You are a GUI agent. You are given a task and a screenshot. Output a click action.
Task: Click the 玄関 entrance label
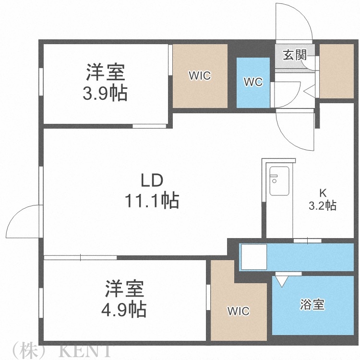click(294, 54)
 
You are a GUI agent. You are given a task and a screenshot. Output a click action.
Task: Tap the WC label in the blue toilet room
click(253, 82)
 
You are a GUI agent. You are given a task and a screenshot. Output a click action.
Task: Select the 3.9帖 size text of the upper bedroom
click(105, 92)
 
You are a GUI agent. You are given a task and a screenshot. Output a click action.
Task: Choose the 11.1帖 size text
click(152, 200)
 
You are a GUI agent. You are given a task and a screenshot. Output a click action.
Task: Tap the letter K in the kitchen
click(323, 193)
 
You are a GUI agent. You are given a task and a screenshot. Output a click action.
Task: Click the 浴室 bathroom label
click(312, 305)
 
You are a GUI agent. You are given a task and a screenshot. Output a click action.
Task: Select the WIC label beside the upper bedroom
click(200, 75)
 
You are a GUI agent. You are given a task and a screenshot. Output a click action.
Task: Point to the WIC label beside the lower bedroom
click(239, 311)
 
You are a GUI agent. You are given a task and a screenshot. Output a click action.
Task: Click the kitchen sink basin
click(279, 181)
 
